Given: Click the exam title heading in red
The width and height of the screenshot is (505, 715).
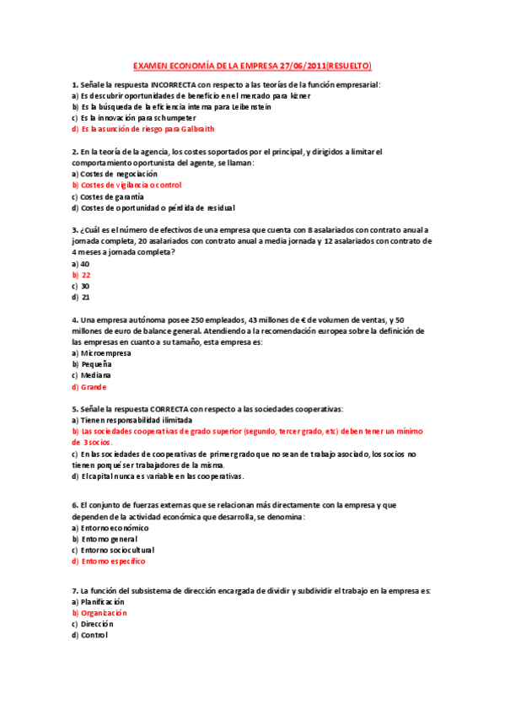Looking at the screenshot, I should pos(253,66).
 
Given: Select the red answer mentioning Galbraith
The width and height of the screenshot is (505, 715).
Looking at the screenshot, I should pos(143,129).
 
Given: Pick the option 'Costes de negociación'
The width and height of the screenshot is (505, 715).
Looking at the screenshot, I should pos(118,174).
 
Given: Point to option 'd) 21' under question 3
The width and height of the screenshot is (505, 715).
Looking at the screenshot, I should pos(81,297).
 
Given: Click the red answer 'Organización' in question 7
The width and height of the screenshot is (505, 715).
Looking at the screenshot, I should pos(104,613).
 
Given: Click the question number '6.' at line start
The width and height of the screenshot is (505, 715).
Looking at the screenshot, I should pos(75,505).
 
